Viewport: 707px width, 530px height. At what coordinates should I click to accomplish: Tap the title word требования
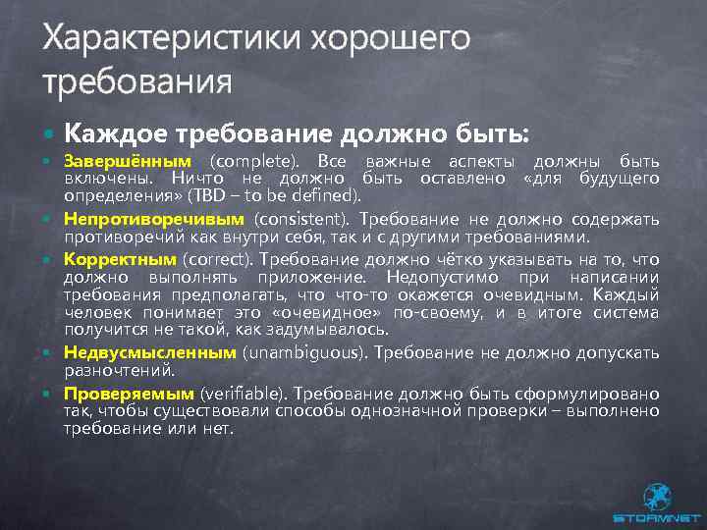coord(137,80)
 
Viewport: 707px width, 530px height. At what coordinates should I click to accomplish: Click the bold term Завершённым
coord(128,161)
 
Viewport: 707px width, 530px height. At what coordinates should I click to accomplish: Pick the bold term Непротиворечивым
coord(155,218)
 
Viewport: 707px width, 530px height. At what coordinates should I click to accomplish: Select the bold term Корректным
coord(120,259)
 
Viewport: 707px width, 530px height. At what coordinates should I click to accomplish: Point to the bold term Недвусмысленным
coord(150,351)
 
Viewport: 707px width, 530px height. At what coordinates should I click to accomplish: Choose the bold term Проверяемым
coord(127,393)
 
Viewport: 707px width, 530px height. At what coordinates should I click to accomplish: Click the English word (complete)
coord(251,161)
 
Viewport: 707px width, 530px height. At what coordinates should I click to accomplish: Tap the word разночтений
coord(119,370)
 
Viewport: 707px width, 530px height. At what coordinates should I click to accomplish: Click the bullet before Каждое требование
coord(49,132)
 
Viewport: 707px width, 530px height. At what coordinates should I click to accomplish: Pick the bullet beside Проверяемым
coord(49,393)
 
